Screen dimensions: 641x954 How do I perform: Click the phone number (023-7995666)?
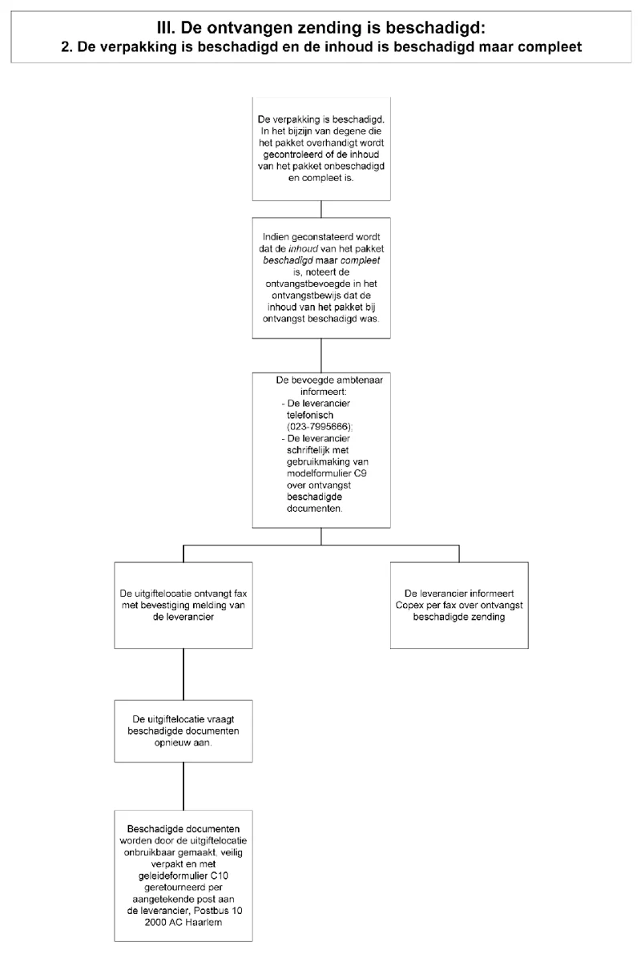(x=320, y=426)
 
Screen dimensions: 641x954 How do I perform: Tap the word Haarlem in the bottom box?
(x=202, y=923)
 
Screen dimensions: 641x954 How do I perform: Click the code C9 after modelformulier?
(x=361, y=473)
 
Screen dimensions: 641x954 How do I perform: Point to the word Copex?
(x=409, y=606)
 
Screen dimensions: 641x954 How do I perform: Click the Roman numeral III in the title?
(x=166, y=28)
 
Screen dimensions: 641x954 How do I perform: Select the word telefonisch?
(x=310, y=415)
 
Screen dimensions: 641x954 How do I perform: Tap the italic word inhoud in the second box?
(x=303, y=249)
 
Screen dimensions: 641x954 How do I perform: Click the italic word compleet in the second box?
(x=361, y=260)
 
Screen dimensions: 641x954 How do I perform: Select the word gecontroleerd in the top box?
(x=291, y=155)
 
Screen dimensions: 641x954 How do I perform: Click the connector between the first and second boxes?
(x=321, y=209)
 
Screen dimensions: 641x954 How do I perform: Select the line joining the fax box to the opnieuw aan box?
(x=183, y=674)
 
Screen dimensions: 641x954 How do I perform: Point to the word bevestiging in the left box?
(x=168, y=606)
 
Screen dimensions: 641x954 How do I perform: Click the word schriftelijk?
(x=310, y=450)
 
